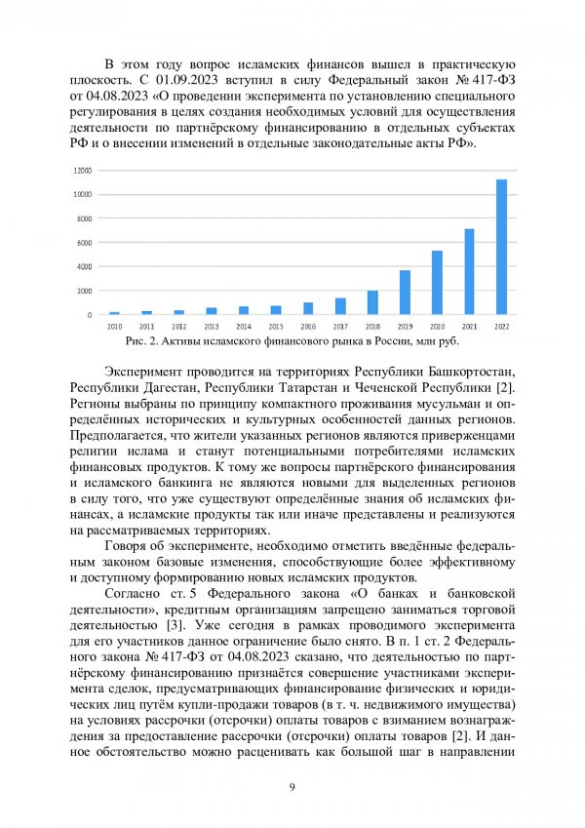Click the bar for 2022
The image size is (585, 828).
501,247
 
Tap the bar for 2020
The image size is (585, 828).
437,283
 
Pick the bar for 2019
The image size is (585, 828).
405,293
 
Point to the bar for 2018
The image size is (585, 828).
372,302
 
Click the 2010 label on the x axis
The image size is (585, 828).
115,326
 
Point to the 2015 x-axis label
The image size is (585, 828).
276,326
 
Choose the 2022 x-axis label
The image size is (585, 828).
501,326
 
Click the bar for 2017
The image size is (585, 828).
340,306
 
